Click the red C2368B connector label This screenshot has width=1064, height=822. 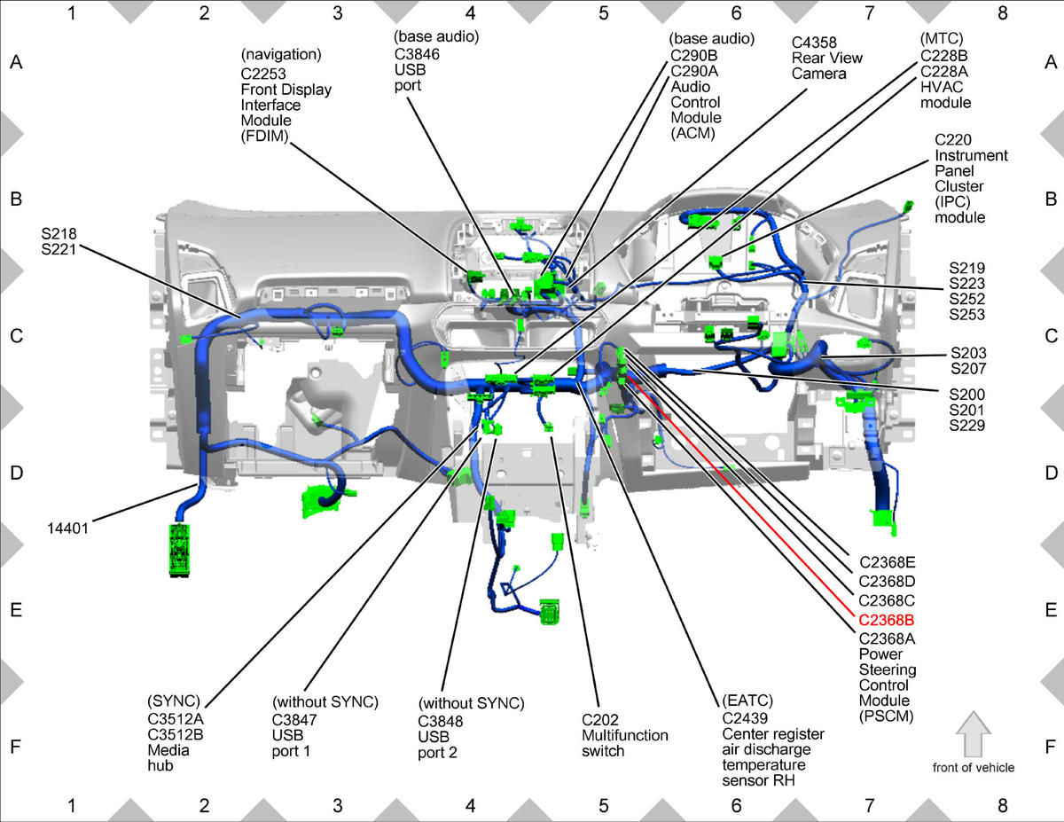887,621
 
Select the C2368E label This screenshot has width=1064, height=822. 888,562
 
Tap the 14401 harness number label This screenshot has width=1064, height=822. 67,528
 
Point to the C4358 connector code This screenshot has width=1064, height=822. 814,43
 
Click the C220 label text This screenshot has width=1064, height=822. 953,140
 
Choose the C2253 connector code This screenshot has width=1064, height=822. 263,74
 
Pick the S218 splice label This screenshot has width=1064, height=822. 59,233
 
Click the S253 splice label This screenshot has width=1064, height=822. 967,314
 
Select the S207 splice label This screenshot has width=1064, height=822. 968,368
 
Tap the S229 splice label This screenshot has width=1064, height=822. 967,426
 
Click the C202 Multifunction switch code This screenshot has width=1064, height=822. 599,720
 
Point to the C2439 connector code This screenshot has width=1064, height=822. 745,718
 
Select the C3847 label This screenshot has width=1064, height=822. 294,720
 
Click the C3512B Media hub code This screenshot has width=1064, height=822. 176,734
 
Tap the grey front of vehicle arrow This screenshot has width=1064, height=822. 974,734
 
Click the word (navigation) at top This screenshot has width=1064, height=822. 281,54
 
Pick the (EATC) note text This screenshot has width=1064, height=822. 747,701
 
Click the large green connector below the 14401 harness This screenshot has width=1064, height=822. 179,551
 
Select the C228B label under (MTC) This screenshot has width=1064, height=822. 944,56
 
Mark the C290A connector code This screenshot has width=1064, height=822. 694,71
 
